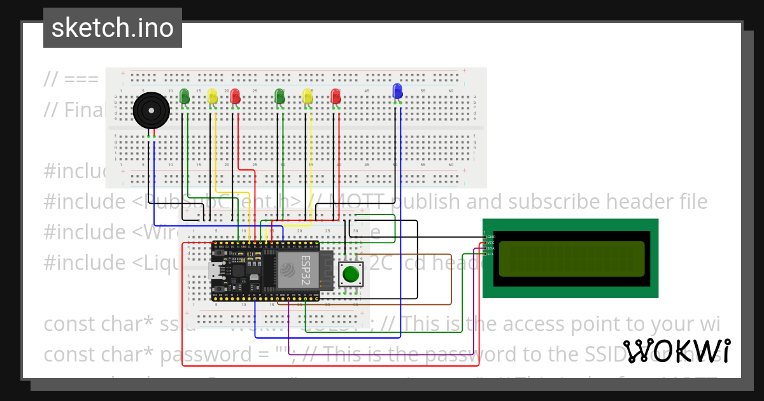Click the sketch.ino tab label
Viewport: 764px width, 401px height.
coord(112,28)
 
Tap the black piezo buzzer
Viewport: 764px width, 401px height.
coord(151,111)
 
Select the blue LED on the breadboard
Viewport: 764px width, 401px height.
coord(397,91)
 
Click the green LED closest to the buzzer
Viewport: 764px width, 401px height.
coord(185,96)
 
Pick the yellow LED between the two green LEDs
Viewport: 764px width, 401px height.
coord(213,96)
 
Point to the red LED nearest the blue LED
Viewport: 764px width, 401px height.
coord(336,96)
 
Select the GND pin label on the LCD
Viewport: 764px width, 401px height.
coord(491,237)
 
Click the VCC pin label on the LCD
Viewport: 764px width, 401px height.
coord(491,243)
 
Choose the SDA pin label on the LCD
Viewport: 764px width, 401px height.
coord(491,248)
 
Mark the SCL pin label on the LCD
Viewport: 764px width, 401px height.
coord(491,254)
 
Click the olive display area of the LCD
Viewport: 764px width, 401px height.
coord(571,258)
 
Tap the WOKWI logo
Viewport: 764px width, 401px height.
coord(677,351)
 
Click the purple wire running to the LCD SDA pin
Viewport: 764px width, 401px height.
coord(382,354)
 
